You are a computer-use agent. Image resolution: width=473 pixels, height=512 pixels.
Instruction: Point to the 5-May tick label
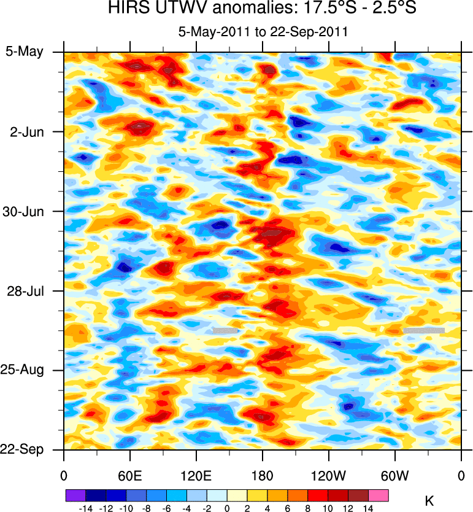(x=25, y=52)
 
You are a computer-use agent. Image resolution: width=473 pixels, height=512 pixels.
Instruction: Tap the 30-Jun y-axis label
(x=24, y=211)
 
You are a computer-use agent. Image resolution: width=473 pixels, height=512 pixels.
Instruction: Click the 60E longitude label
(x=130, y=476)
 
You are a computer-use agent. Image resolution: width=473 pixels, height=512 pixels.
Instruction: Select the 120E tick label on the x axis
(x=196, y=476)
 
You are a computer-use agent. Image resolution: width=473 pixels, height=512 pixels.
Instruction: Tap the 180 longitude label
(x=263, y=476)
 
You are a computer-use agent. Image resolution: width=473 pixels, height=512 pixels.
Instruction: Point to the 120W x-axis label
(x=329, y=476)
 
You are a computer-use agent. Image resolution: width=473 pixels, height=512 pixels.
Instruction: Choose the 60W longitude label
(x=394, y=476)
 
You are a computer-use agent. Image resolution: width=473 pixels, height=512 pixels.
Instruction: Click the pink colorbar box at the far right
(x=379, y=495)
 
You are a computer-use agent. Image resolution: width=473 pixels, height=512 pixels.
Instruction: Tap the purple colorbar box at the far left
(x=75, y=495)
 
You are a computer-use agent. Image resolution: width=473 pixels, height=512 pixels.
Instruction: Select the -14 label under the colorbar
(x=85, y=508)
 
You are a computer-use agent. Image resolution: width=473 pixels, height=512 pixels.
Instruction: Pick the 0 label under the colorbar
(x=227, y=508)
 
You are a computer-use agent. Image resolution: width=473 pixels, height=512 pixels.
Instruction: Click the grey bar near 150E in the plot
(x=225, y=330)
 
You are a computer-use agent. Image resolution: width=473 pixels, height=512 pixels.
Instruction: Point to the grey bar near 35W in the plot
(x=424, y=330)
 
